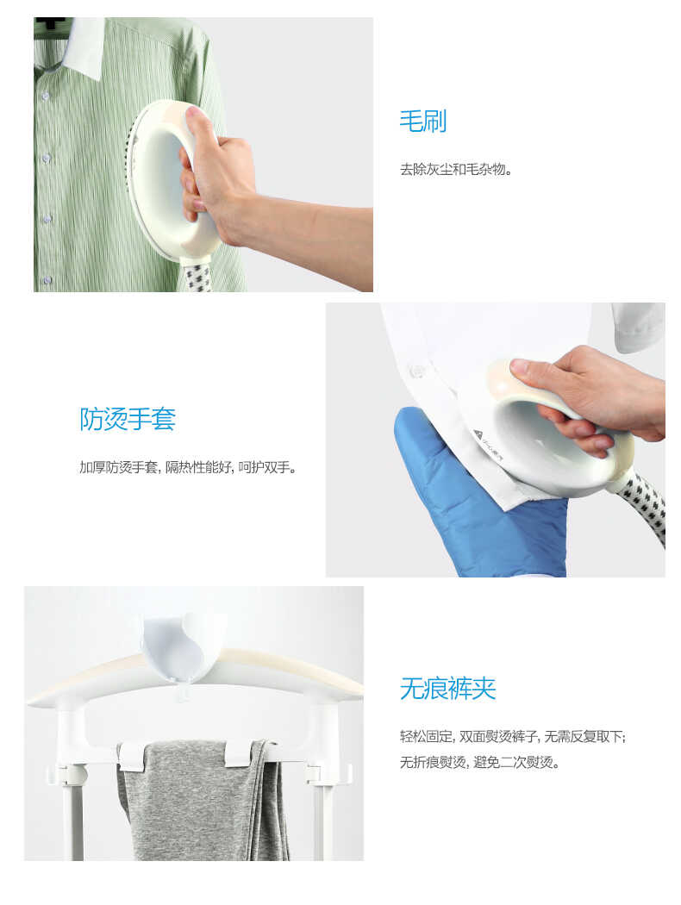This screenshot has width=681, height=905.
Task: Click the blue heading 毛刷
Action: [422, 122]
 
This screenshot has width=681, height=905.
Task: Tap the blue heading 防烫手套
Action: [128, 420]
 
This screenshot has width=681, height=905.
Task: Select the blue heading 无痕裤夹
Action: [447, 689]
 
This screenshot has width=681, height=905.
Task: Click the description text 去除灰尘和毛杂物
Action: [456, 169]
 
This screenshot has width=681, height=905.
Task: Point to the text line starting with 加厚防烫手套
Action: [188, 467]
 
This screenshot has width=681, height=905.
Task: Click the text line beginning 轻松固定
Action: [512, 736]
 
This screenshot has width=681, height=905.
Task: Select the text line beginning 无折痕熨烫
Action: [479, 762]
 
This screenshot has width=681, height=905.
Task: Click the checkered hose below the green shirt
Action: [197, 277]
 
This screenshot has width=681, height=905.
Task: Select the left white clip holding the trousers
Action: [134, 756]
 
